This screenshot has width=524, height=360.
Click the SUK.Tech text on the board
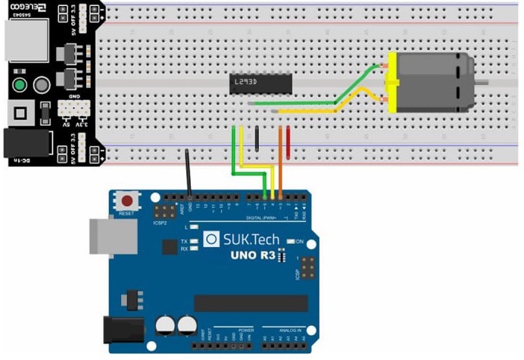(251, 239)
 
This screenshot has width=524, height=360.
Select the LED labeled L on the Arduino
(195, 226)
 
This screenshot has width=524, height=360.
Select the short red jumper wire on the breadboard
(288, 139)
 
